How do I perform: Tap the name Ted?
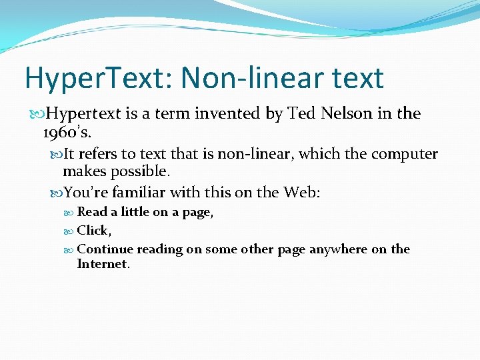301,114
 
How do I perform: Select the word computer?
405,155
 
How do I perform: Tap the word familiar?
139,193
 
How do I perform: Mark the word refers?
97,155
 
